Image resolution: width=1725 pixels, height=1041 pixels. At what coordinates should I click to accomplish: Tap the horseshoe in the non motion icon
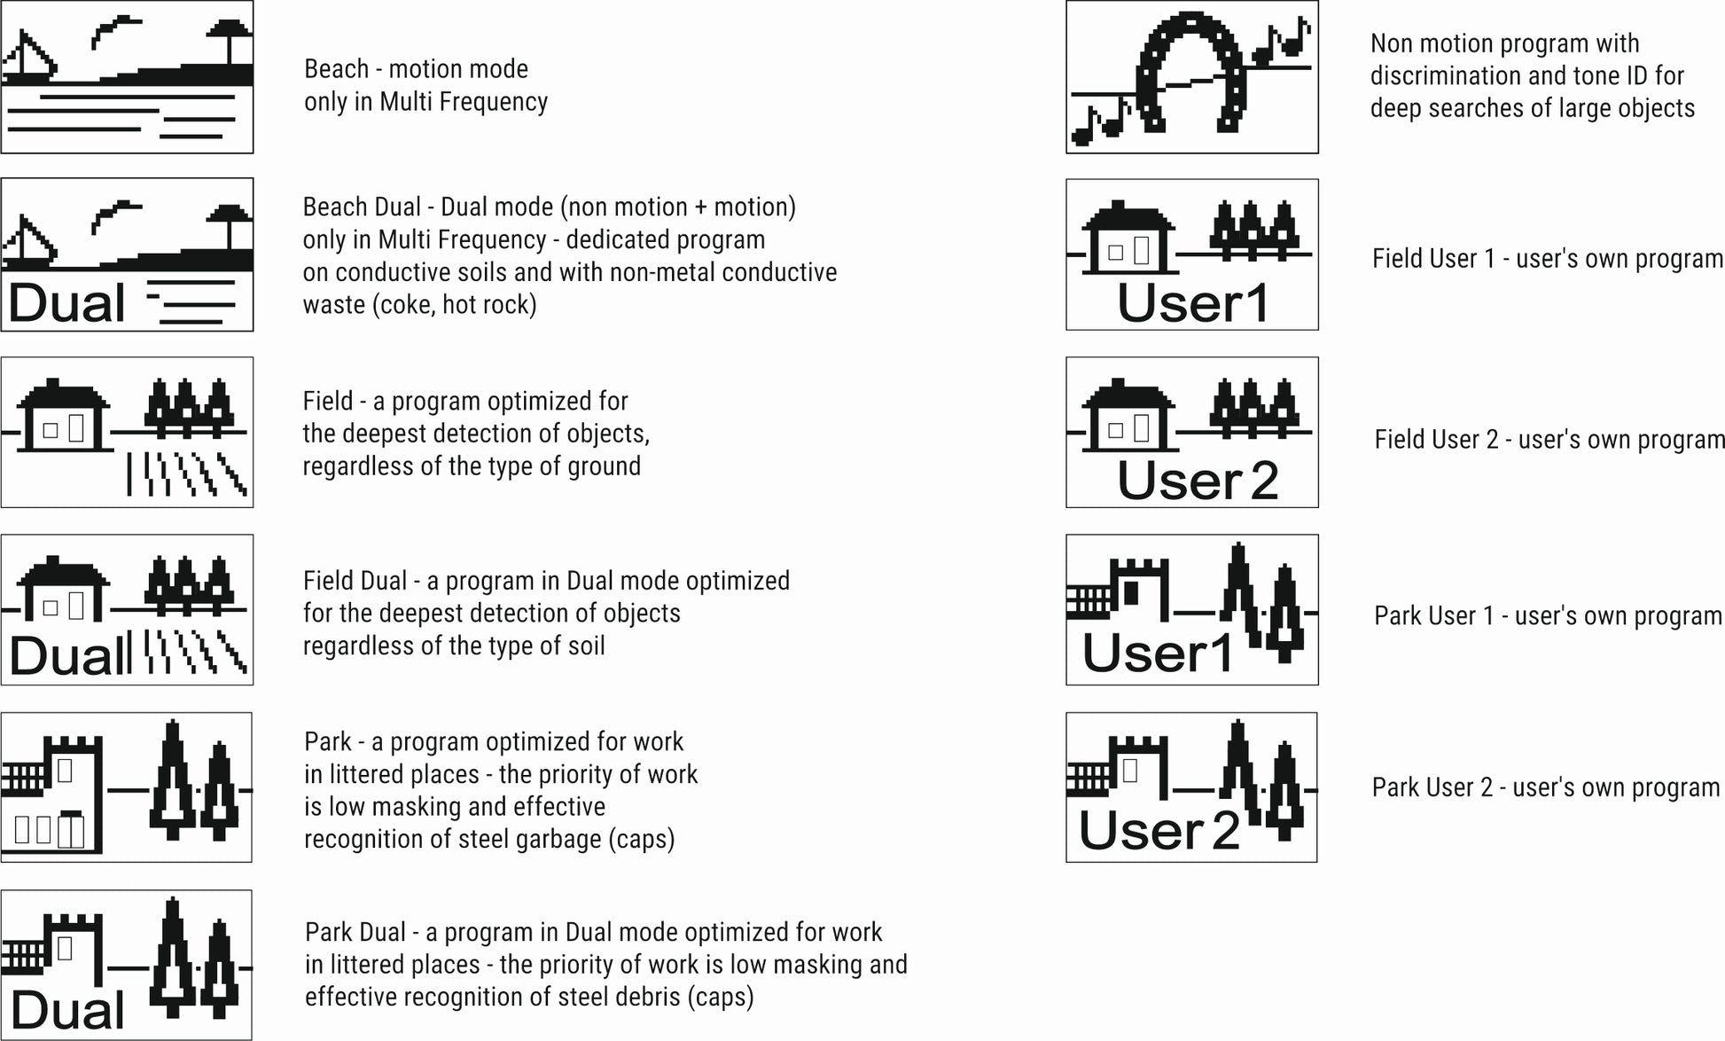click(x=1192, y=71)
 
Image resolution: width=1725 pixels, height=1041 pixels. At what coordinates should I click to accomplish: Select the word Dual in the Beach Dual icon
click(x=67, y=303)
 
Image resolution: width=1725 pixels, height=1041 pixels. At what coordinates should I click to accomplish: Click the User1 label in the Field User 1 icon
click(x=1193, y=303)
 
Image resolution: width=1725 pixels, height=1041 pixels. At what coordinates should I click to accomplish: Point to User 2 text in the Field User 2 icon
click(x=1198, y=481)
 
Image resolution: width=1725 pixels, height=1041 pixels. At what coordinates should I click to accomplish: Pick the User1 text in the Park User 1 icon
click(x=1158, y=654)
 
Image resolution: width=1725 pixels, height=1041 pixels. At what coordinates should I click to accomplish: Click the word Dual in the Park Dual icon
click(x=67, y=1011)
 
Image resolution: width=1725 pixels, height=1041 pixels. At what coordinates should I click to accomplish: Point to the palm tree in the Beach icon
click(x=230, y=40)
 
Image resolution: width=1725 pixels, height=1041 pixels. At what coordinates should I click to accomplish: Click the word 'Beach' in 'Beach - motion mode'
click(x=336, y=69)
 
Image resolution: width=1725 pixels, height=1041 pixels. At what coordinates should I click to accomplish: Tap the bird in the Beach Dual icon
click(x=115, y=213)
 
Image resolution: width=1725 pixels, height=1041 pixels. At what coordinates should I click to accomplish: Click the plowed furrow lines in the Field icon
click(x=186, y=474)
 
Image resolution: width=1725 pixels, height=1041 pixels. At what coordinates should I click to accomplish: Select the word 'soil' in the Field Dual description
click(x=586, y=646)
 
